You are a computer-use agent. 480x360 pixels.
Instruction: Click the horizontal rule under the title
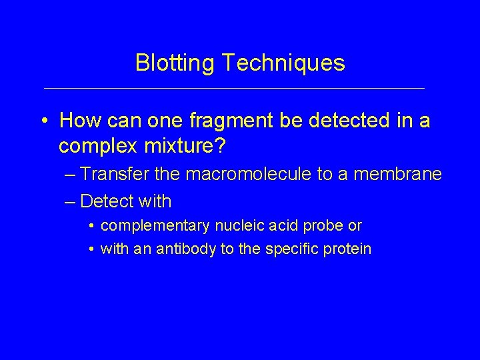click(233, 88)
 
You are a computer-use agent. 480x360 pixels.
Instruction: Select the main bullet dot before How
click(44, 122)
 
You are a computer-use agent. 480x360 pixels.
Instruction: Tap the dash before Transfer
click(71, 175)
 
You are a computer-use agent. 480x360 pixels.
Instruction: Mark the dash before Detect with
click(71, 200)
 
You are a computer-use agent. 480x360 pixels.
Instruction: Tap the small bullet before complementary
click(91, 226)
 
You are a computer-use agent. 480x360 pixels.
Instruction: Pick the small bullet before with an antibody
click(91, 249)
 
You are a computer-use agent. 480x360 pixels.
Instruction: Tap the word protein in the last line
click(347, 249)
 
